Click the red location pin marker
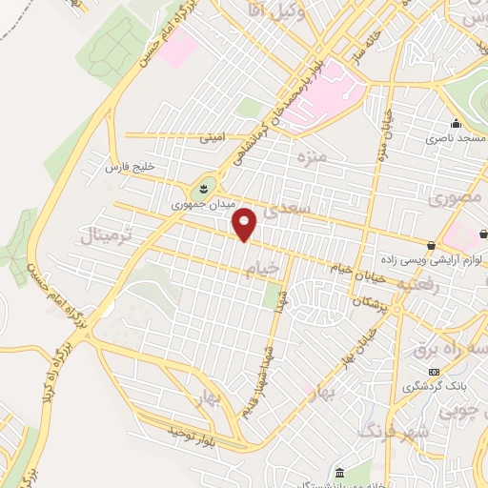point(245,226)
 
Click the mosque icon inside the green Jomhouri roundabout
point(204,187)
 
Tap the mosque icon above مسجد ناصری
point(456,124)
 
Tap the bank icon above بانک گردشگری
point(436,372)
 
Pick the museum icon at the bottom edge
point(340,473)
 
